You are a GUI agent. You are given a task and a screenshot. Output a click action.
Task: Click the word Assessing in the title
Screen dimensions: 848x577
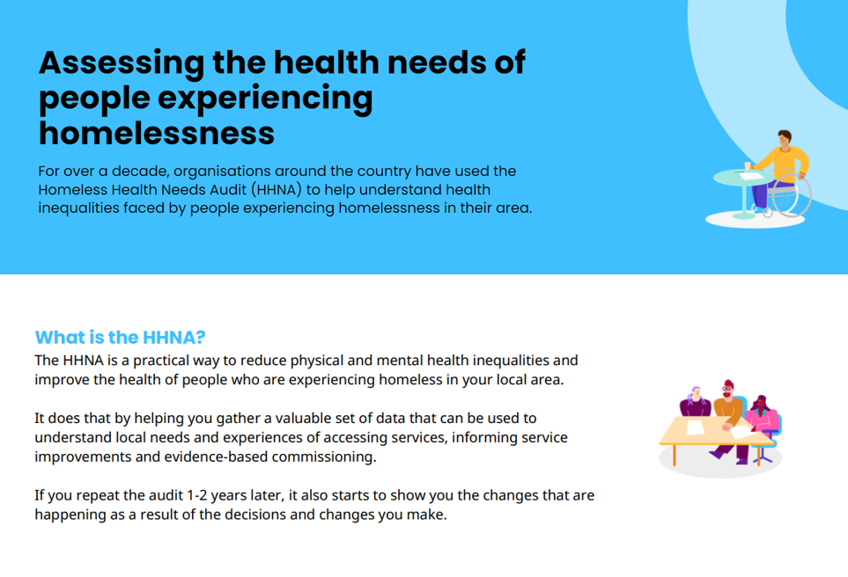pos(122,63)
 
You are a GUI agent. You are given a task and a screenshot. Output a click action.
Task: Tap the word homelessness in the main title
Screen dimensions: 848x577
pos(157,134)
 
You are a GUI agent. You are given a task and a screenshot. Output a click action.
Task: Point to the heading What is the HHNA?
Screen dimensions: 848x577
pos(120,337)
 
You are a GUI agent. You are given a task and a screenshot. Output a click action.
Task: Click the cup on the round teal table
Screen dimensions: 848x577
pos(748,166)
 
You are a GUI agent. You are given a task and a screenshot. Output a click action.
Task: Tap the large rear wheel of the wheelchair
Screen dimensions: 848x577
pos(792,194)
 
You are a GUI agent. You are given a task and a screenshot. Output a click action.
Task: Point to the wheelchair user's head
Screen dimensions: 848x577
pos(785,138)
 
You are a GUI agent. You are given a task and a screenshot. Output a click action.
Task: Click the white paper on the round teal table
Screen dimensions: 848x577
pos(752,176)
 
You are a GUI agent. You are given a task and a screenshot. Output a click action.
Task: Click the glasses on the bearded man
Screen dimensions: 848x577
pos(727,389)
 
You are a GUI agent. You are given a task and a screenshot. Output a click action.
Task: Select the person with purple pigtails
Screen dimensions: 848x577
pos(695,402)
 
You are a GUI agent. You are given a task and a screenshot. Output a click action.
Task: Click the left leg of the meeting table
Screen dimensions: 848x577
pos(674,455)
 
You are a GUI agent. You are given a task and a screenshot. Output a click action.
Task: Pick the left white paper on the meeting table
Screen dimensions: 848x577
pos(695,427)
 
